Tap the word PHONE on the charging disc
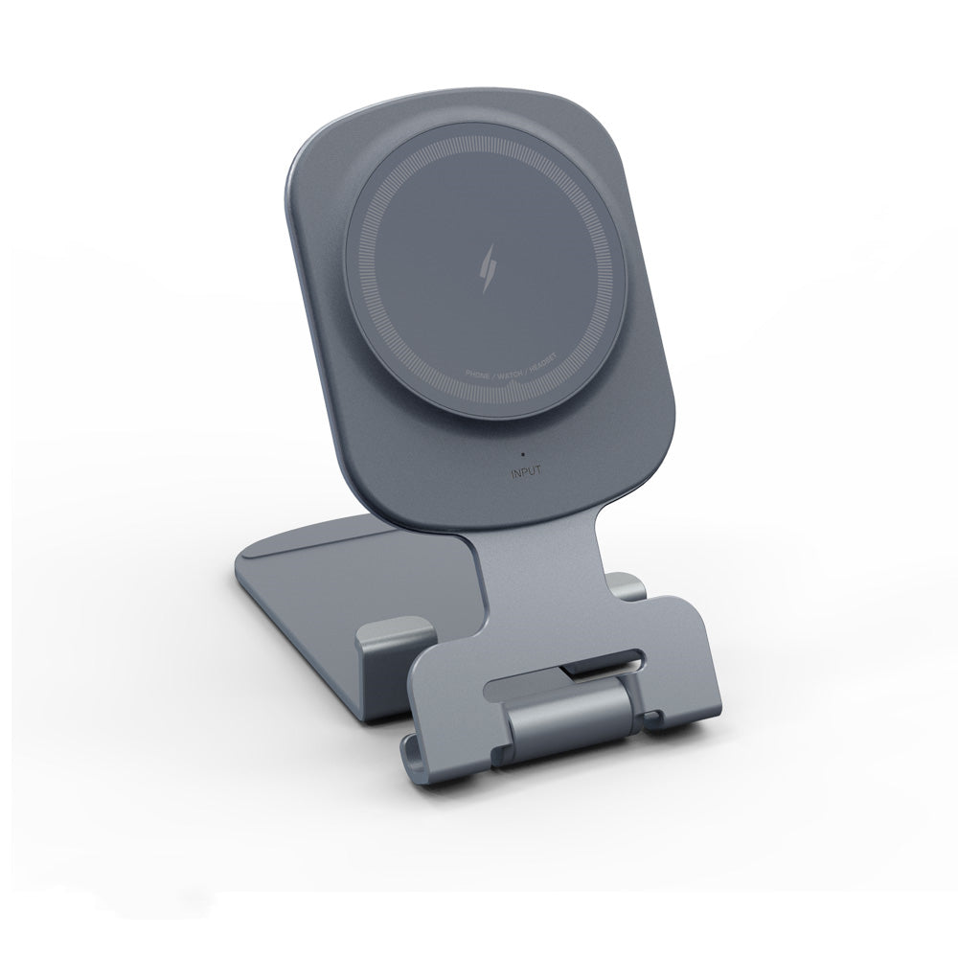(478, 374)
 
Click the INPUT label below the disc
(527, 470)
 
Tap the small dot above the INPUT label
(523, 452)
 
